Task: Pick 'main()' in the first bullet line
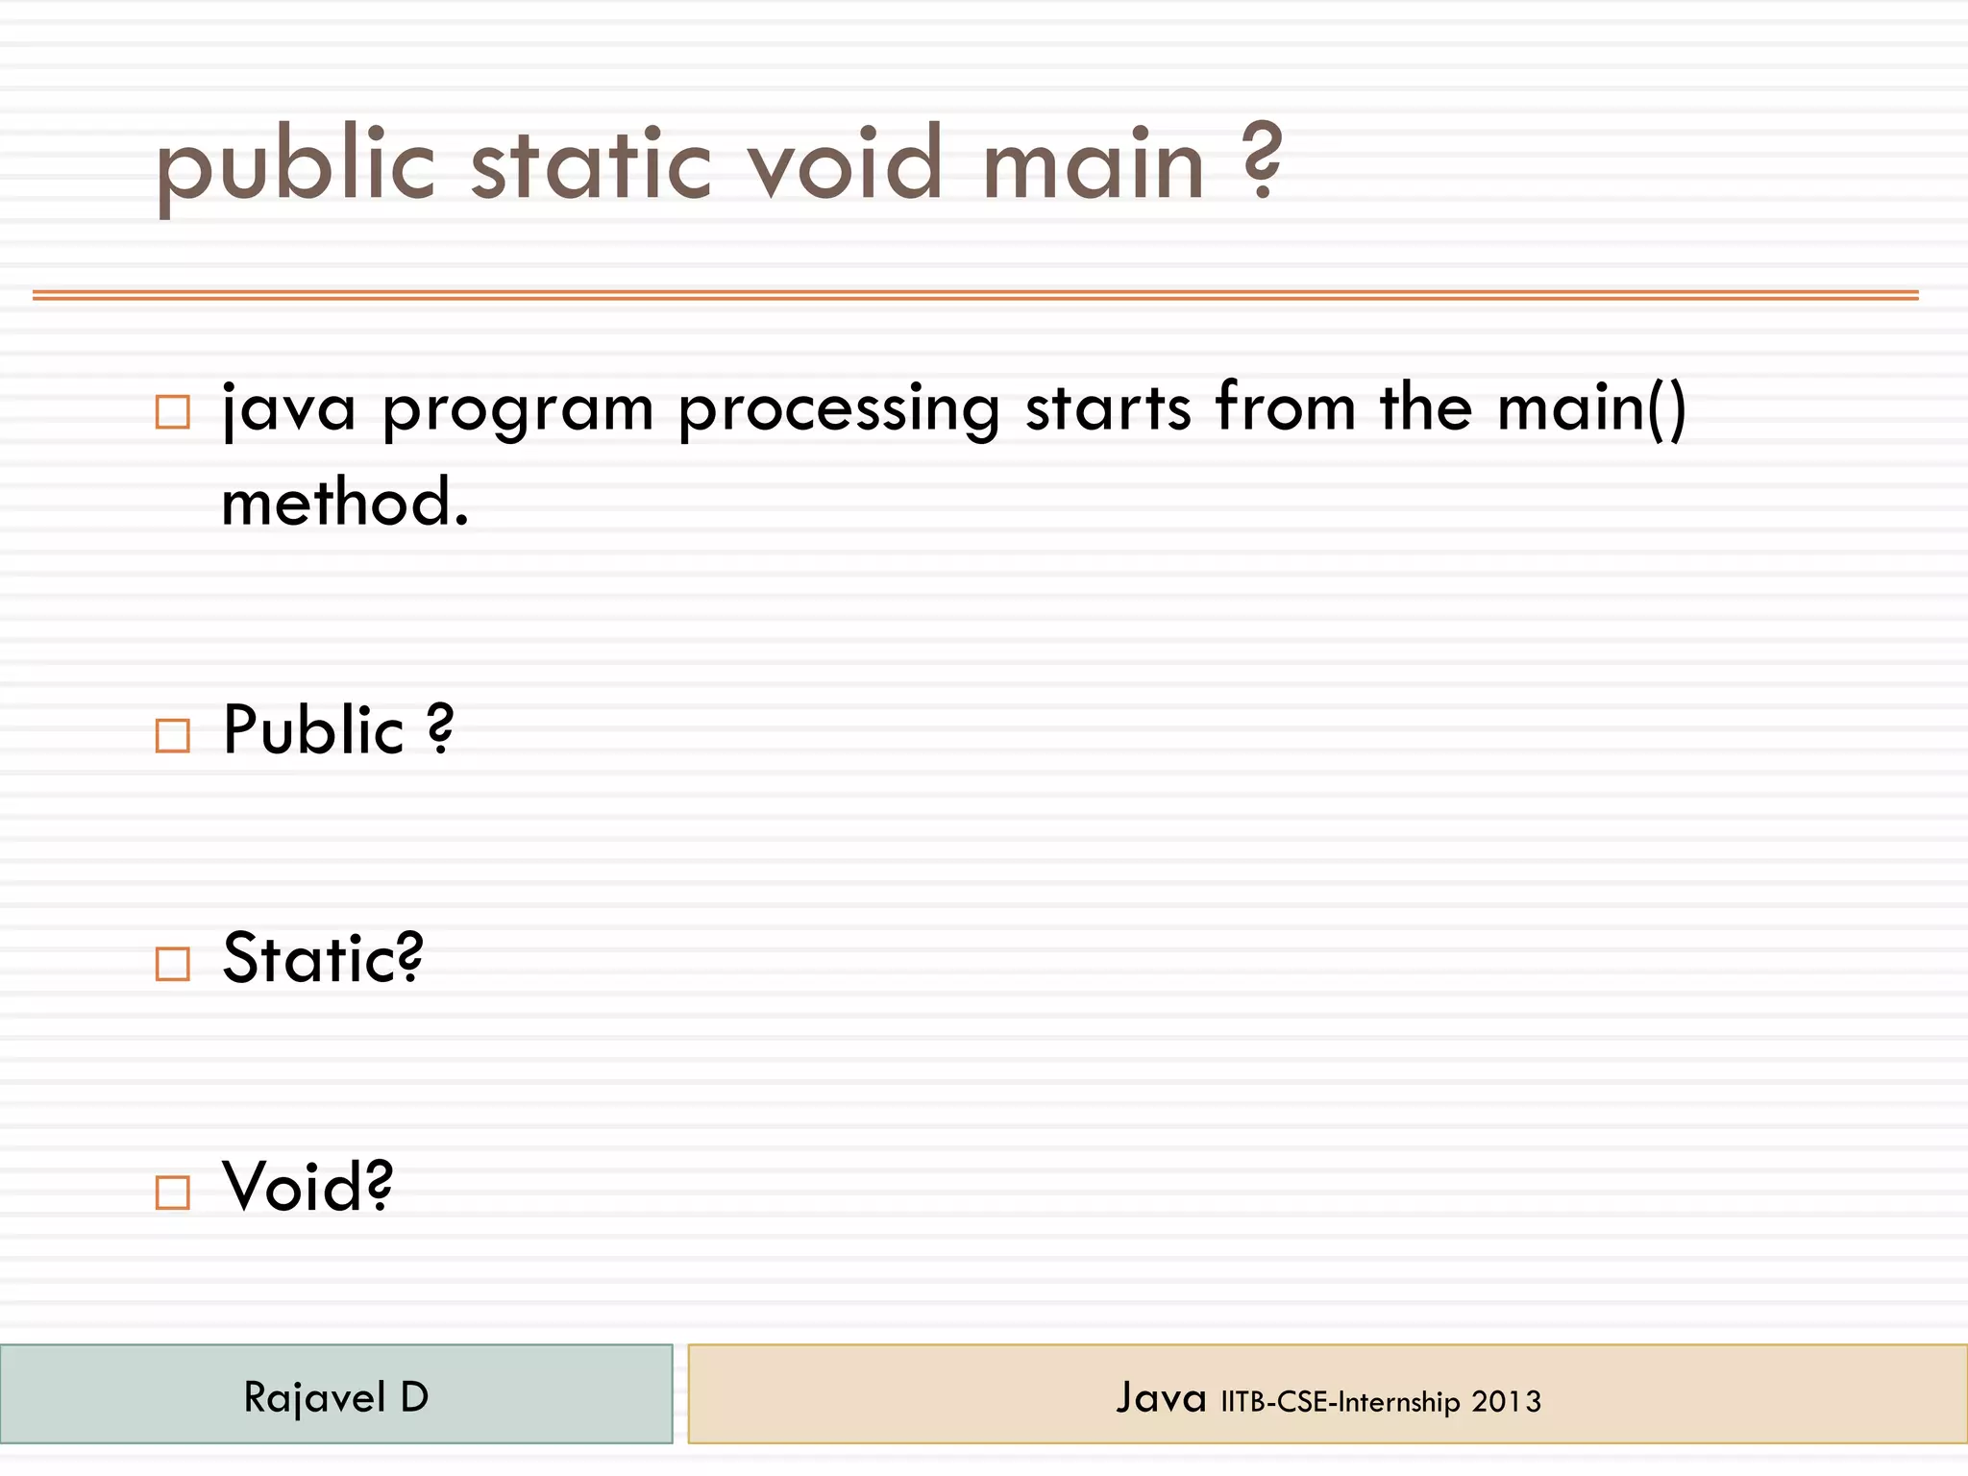(x=1591, y=408)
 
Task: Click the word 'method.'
(x=345, y=502)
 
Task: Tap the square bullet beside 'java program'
(x=173, y=412)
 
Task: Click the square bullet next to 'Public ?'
(x=173, y=736)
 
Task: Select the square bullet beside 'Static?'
(x=173, y=964)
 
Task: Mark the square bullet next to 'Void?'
(x=173, y=1193)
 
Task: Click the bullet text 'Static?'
(x=322, y=958)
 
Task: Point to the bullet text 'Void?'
(x=307, y=1187)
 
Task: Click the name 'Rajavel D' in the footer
(x=335, y=1397)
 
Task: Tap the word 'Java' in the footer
(x=1160, y=1397)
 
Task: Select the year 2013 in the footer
(x=1506, y=1402)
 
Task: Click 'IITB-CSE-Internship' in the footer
(x=1340, y=1402)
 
